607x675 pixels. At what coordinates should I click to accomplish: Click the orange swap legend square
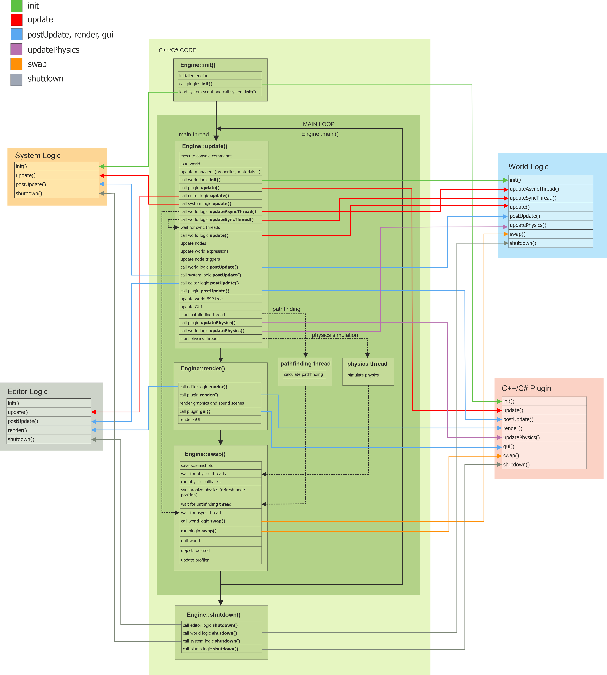[x=16, y=64]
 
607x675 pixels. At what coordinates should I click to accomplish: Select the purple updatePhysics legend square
[x=16, y=49]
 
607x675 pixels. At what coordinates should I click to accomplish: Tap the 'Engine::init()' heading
[x=198, y=65]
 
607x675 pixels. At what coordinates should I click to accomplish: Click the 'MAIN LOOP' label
[x=319, y=124]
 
